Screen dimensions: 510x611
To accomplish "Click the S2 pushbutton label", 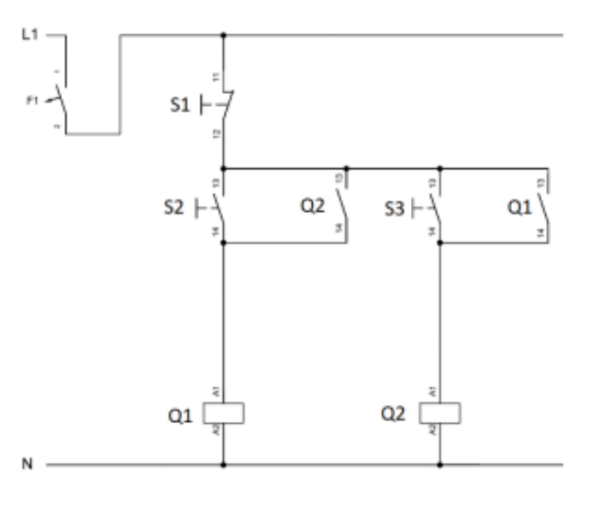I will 178,206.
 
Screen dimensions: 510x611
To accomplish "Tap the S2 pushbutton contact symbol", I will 220,206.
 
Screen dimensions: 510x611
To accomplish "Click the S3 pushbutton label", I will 395,207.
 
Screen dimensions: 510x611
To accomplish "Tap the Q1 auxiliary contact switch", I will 545,206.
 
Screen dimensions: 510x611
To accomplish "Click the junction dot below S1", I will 224,168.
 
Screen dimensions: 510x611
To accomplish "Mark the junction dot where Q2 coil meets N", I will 440,466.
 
